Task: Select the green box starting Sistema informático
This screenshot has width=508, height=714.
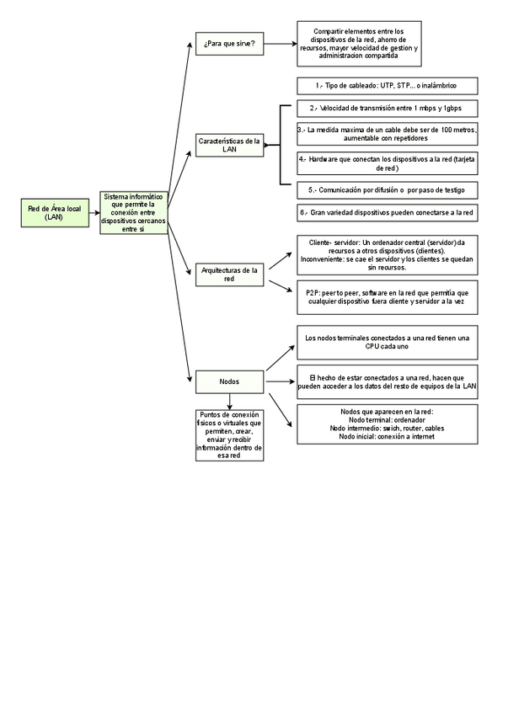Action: pos(133,212)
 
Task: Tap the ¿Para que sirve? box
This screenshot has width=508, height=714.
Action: pos(229,43)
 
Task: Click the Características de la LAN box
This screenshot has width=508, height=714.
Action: pos(229,145)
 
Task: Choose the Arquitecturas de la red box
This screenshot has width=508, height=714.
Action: pos(229,274)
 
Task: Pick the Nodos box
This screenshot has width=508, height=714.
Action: pos(229,381)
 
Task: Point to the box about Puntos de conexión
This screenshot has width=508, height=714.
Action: pos(229,434)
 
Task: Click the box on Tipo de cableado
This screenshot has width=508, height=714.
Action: pos(388,86)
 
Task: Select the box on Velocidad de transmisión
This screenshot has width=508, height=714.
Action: pos(388,108)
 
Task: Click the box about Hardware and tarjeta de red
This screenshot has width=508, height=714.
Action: pos(388,163)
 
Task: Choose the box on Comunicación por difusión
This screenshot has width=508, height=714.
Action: pos(388,189)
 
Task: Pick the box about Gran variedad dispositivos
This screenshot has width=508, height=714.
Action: pos(388,212)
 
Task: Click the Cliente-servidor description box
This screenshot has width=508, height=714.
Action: pos(388,255)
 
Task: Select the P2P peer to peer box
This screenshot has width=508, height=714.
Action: pos(388,296)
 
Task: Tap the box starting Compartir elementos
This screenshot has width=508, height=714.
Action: pos(359,44)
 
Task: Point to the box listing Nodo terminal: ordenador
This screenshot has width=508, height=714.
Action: pos(388,424)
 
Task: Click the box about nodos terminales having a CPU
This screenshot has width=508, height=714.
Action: pos(388,341)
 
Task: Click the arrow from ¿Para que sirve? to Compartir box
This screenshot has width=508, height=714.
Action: pos(281,43)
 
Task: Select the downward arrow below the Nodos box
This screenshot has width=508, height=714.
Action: pos(229,401)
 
